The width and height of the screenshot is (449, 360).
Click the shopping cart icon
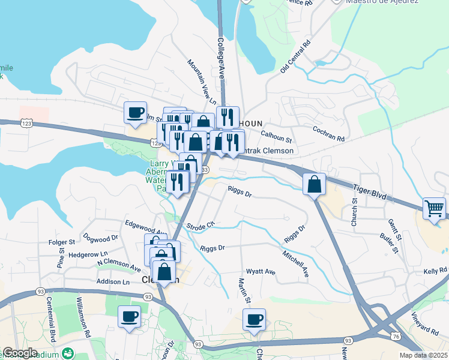coord(435,209)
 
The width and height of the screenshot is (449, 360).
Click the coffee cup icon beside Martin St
coord(254,319)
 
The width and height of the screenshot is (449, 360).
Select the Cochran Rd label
coord(328,133)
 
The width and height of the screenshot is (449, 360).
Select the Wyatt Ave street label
coord(262,272)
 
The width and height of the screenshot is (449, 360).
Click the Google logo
coord(20,353)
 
